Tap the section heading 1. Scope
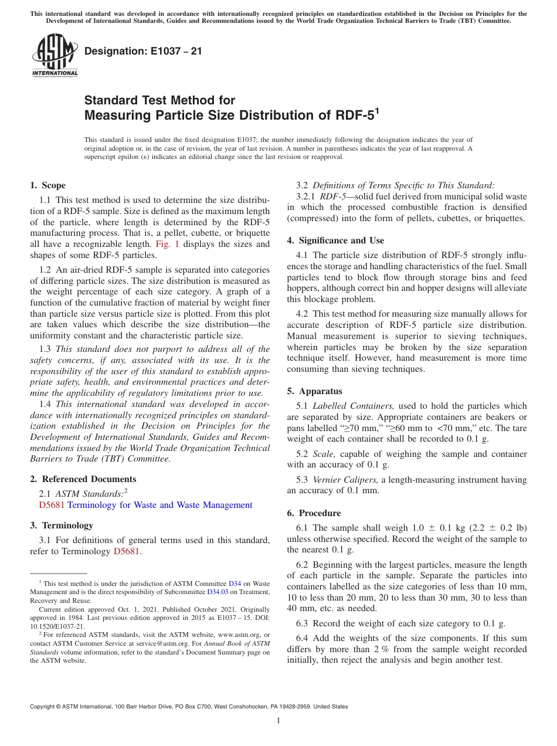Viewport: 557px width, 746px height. click(48, 185)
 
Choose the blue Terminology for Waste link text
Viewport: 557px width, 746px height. click(159, 505)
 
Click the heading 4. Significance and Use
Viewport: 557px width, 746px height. click(335, 240)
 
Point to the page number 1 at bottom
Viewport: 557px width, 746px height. click(278, 721)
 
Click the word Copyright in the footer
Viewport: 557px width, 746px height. click(43, 707)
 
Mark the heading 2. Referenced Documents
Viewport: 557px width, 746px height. click(83, 479)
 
